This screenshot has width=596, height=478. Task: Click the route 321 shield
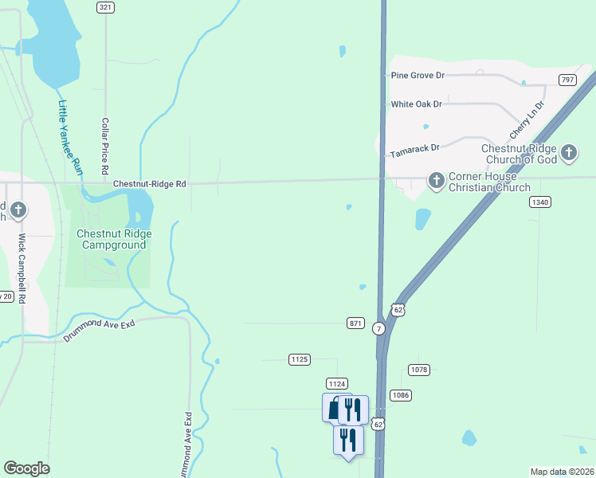[x=105, y=7]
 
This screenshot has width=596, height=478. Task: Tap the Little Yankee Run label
[x=70, y=143]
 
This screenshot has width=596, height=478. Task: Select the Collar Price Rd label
[x=104, y=147]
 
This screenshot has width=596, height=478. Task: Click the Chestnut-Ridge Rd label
[x=149, y=183]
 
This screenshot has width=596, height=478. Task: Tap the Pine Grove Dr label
[x=418, y=75]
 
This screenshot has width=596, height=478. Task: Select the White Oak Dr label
[x=416, y=104]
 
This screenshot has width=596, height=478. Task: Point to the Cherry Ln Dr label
[x=527, y=118]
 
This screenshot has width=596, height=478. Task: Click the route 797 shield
[x=567, y=80]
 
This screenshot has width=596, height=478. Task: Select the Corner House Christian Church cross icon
[x=436, y=181]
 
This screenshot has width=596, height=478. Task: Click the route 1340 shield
[x=539, y=202]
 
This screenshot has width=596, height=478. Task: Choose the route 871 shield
[x=356, y=323]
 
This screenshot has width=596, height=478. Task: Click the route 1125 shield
[x=300, y=360]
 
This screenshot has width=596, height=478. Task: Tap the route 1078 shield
[x=419, y=370]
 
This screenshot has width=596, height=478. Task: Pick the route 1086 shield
[x=400, y=395]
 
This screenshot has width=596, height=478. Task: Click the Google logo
[x=26, y=468]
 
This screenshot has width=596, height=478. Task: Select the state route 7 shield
[x=378, y=328]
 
